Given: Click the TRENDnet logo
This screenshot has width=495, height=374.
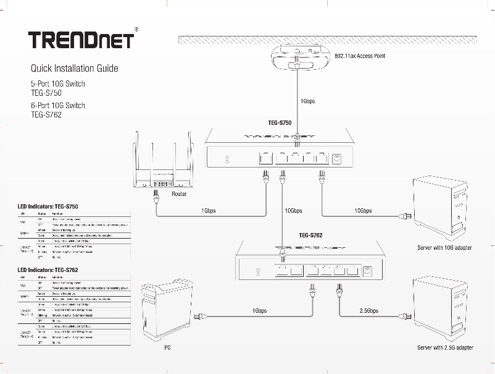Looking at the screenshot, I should (81, 40).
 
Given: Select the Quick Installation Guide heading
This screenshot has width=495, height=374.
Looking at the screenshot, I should (74, 68).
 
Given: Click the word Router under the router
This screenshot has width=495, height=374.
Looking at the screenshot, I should (179, 194).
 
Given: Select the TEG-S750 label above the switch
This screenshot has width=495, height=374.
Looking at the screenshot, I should (280, 123).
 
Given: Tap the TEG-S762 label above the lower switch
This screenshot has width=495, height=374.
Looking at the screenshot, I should (311, 235).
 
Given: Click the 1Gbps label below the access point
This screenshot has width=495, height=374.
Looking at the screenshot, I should (307, 101).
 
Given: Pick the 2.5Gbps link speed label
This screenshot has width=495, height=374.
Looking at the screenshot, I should (368, 310).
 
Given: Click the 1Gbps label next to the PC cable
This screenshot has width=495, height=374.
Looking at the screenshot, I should (259, 310).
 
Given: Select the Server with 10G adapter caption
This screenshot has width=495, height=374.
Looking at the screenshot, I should (444, 248).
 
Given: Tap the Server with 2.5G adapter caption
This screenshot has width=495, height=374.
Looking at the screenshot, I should (445, 348).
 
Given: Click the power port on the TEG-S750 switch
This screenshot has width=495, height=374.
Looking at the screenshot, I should (337, 158).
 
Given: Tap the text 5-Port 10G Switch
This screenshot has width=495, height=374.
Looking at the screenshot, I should (58, 83).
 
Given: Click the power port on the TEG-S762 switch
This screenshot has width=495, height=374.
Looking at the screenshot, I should (368, 271).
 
